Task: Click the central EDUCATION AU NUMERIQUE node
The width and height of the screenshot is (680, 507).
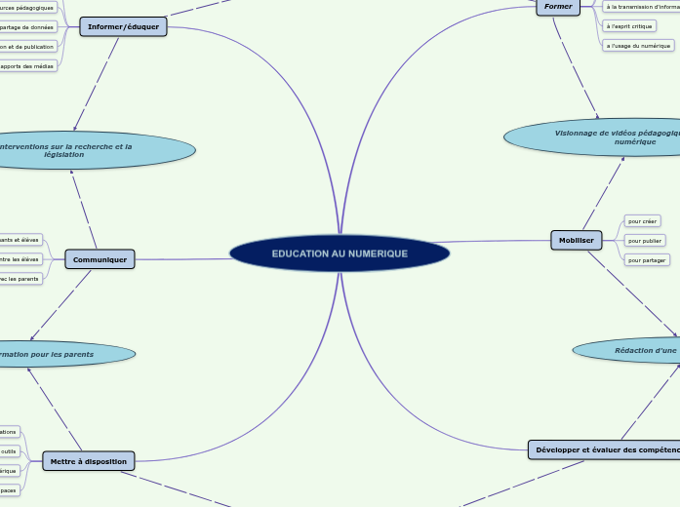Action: coord(340,253)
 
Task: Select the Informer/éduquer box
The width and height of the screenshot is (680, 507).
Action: coord(123,27)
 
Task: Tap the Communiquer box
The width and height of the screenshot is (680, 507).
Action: coord(100,259)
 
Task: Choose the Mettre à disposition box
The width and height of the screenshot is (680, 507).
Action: coord(88,461)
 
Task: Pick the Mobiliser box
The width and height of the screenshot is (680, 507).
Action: coord(577,240)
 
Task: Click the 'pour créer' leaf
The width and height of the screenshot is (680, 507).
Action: coord(643,221)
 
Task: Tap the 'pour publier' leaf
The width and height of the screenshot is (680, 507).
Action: coord(645,241)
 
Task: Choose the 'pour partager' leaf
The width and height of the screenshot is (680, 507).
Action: coord(647,260)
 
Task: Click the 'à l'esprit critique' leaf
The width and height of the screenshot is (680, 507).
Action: coord(629,25)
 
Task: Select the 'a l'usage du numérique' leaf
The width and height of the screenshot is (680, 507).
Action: coord(638,45)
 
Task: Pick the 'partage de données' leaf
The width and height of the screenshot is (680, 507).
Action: coord(27,27)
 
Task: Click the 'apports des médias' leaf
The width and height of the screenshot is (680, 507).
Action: coord(27,65)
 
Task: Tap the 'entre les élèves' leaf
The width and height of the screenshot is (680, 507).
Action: coord(20,259)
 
